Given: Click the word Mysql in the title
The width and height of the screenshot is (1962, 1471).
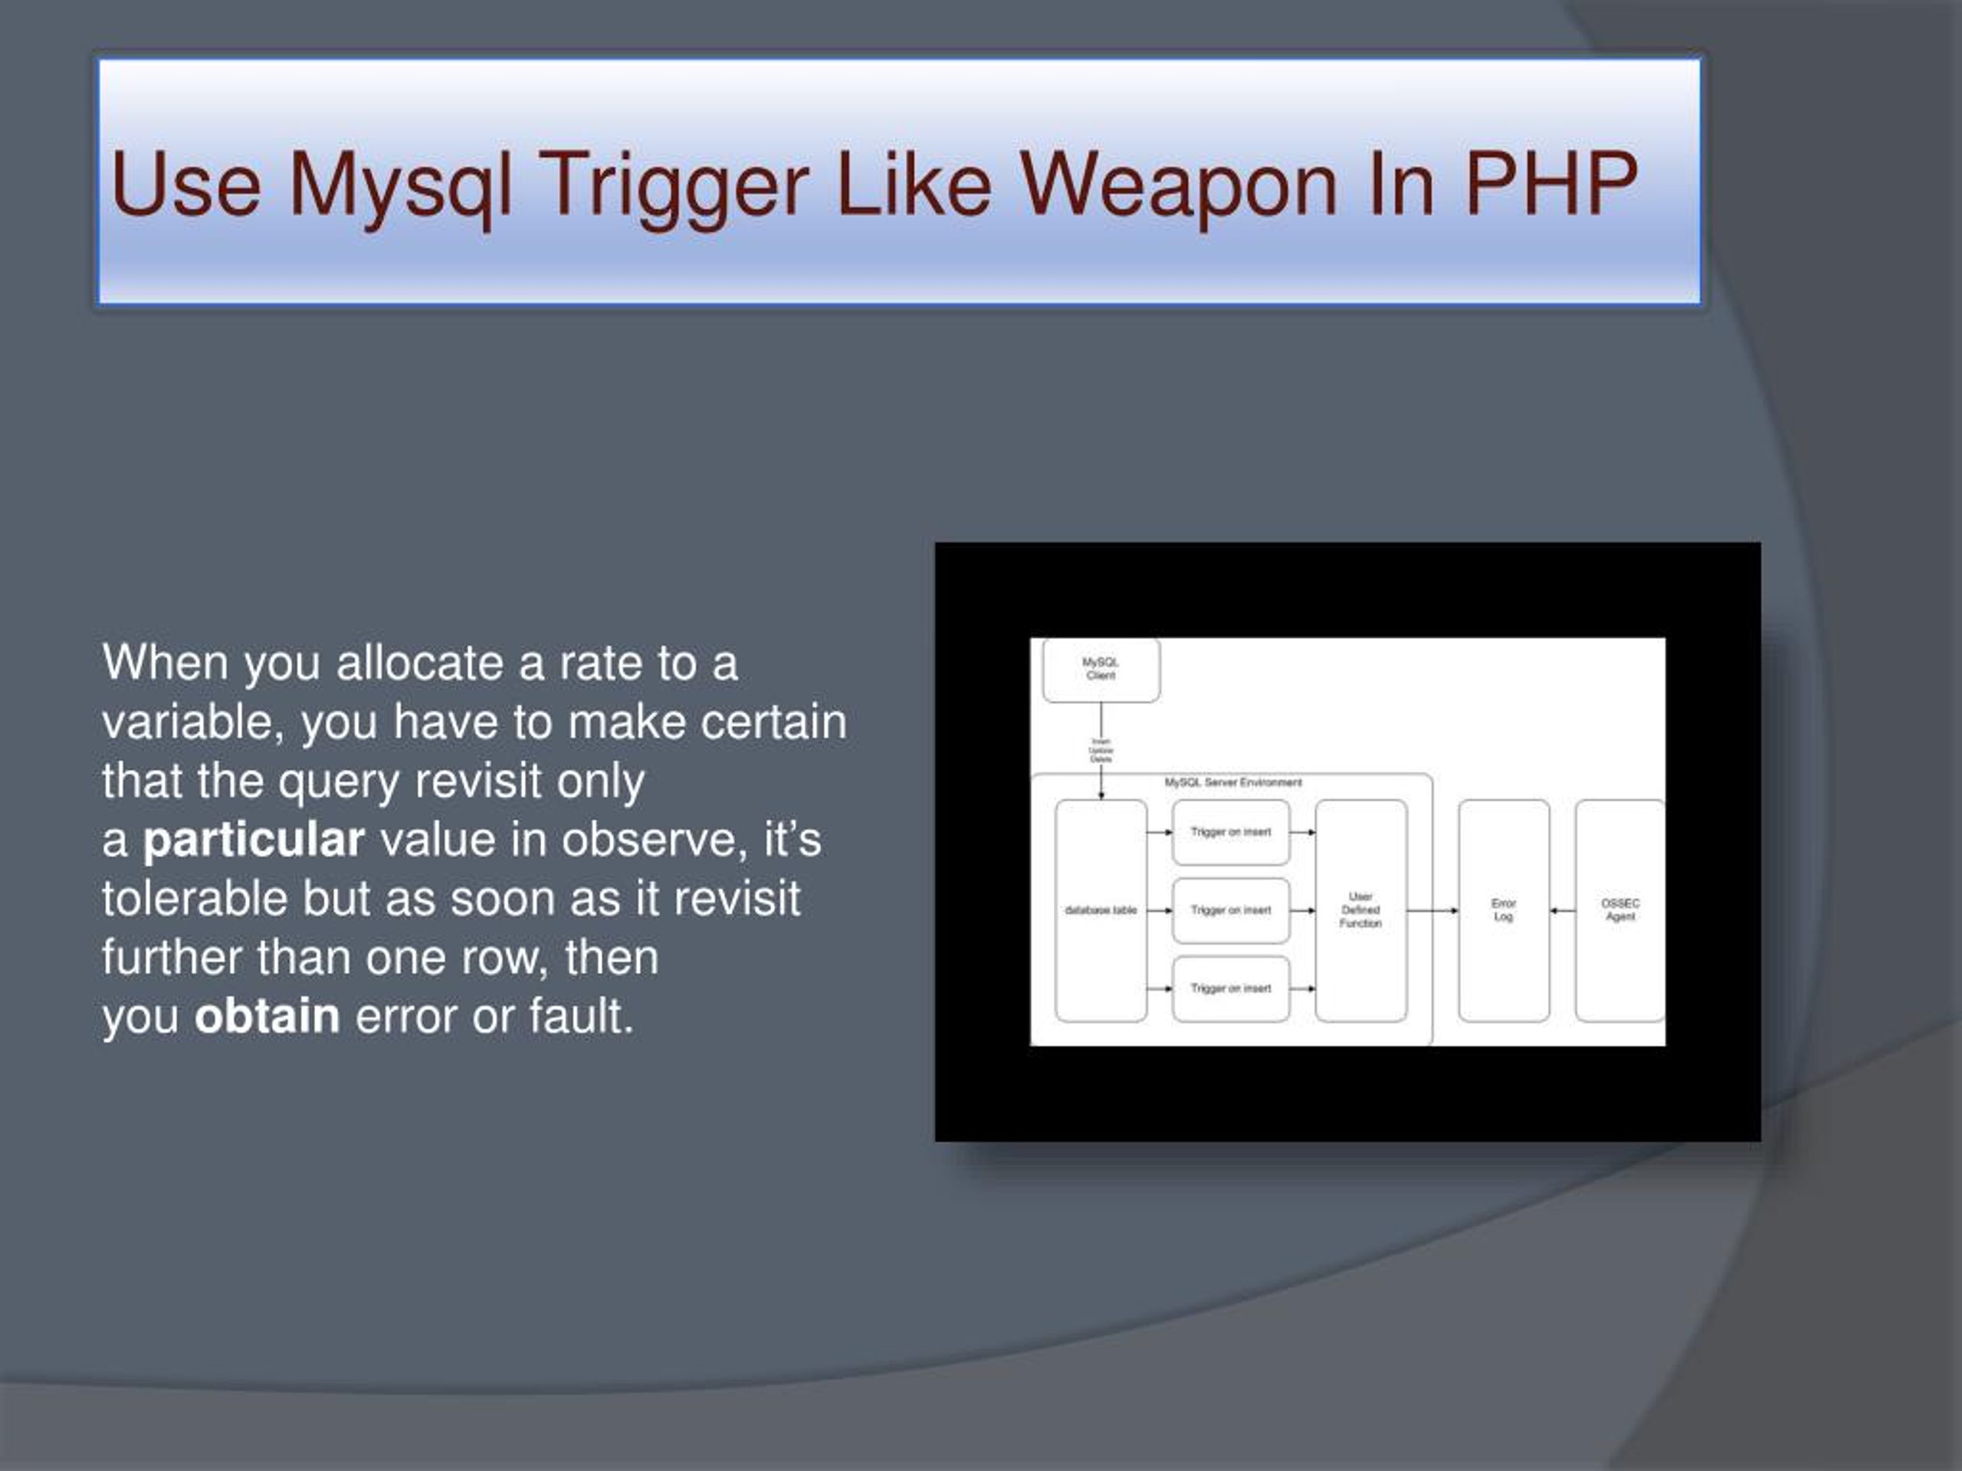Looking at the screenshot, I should click(401, 185).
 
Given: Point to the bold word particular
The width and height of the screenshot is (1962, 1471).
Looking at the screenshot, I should click(254, 839).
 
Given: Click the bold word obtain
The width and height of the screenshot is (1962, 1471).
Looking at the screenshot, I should click(267, 1015).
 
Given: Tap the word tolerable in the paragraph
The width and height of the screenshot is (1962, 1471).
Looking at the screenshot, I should click(194, 897).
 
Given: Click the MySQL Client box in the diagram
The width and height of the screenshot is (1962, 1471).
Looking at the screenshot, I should click(1101, 670).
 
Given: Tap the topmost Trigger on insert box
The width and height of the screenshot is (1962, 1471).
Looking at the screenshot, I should click(1230, 833).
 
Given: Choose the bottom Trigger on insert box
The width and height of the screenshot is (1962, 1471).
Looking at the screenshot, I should click(1230, 988).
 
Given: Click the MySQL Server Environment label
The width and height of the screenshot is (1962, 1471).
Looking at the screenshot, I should click(1233, 783).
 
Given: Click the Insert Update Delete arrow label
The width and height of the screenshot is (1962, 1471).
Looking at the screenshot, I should click(1101, 751).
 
